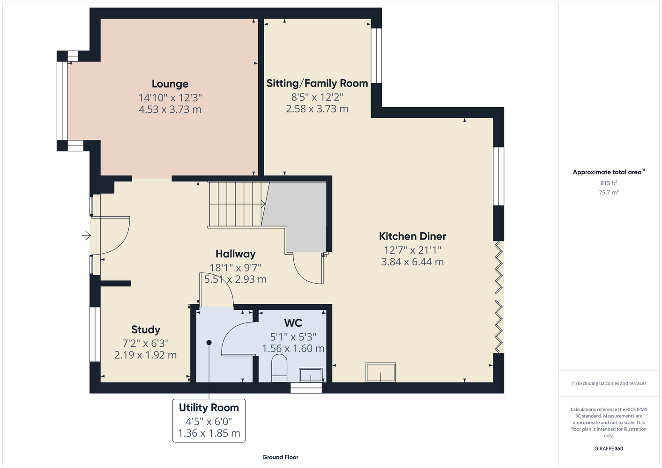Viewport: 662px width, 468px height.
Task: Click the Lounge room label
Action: [x=170, y=84]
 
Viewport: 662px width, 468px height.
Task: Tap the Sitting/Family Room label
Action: [x=317, y=83]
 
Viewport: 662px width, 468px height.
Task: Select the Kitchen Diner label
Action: [x=413, y=236]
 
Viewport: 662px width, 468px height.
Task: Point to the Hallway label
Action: [x=236, y=254]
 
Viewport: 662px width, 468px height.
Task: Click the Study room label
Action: [x=146, y=329]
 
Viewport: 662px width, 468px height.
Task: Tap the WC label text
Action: [x=293, y=323]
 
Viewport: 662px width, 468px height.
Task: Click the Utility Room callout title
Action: [x=209, y=408]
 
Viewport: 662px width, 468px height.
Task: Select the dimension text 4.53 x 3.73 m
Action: [x=170, y=110]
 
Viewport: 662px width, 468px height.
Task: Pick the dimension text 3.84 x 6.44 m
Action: [x=413, y=262]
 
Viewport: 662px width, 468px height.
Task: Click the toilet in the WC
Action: [x=279, y=368]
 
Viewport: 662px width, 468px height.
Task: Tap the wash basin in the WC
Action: [x=311, y=375]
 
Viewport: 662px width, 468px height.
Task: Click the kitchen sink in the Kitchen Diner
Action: [x=380, y=373]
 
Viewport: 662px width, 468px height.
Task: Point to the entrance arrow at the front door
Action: [x=86, y=235]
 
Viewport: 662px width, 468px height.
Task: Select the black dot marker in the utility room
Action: [x=209, y=343]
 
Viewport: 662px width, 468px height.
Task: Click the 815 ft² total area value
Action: [x=609, y=183]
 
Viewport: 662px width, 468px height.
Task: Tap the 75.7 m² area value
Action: [x=609, y=192]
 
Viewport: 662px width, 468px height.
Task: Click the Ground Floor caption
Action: [x=281, y=457]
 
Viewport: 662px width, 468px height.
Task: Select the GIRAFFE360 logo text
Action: [x=609, y=449]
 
